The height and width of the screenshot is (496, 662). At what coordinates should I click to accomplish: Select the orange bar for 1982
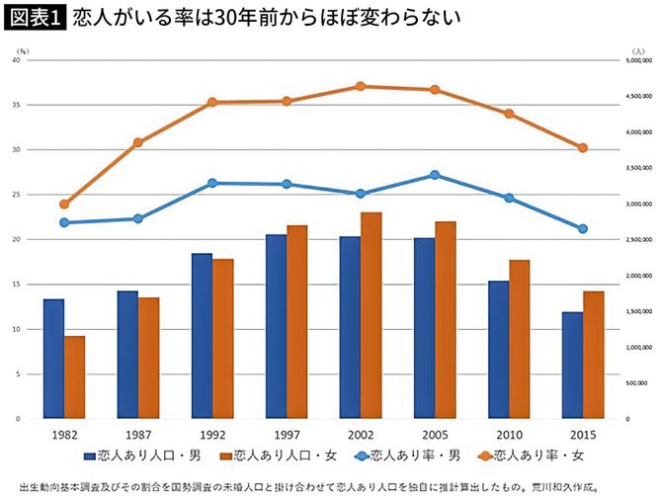[74, 377]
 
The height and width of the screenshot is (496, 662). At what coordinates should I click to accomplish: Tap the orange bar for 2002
[372, 315]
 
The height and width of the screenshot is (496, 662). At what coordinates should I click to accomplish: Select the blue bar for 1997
[276, 326]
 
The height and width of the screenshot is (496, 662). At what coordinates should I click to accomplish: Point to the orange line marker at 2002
[361, 86]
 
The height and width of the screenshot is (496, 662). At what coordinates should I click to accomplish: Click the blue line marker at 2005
[435, 175]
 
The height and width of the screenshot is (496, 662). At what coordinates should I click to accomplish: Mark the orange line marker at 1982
[64, 205]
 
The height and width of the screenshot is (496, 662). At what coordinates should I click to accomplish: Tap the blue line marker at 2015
[583, 228]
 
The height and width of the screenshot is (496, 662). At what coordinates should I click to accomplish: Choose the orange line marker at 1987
[138, 142]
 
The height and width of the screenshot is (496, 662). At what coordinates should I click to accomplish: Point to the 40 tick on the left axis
[17, 60]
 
